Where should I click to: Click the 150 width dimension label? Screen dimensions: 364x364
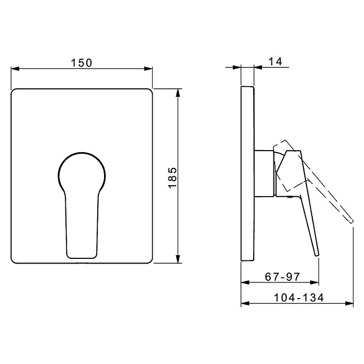coord(82,63)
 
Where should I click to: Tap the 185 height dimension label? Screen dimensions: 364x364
coord(173,178)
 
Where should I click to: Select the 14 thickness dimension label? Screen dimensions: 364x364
coord(275,62)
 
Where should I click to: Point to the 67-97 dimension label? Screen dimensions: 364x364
coord(282,277)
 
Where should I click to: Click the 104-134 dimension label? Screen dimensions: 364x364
coord(299,298)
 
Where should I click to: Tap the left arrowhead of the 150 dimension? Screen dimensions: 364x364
coord(15,69)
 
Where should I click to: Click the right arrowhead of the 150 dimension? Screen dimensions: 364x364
coord(149,69)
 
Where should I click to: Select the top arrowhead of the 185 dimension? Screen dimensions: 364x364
coord(178,93)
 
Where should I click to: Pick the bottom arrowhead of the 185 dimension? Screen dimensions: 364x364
coord(178,259)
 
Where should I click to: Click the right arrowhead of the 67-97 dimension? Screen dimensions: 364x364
coord(315,282)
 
